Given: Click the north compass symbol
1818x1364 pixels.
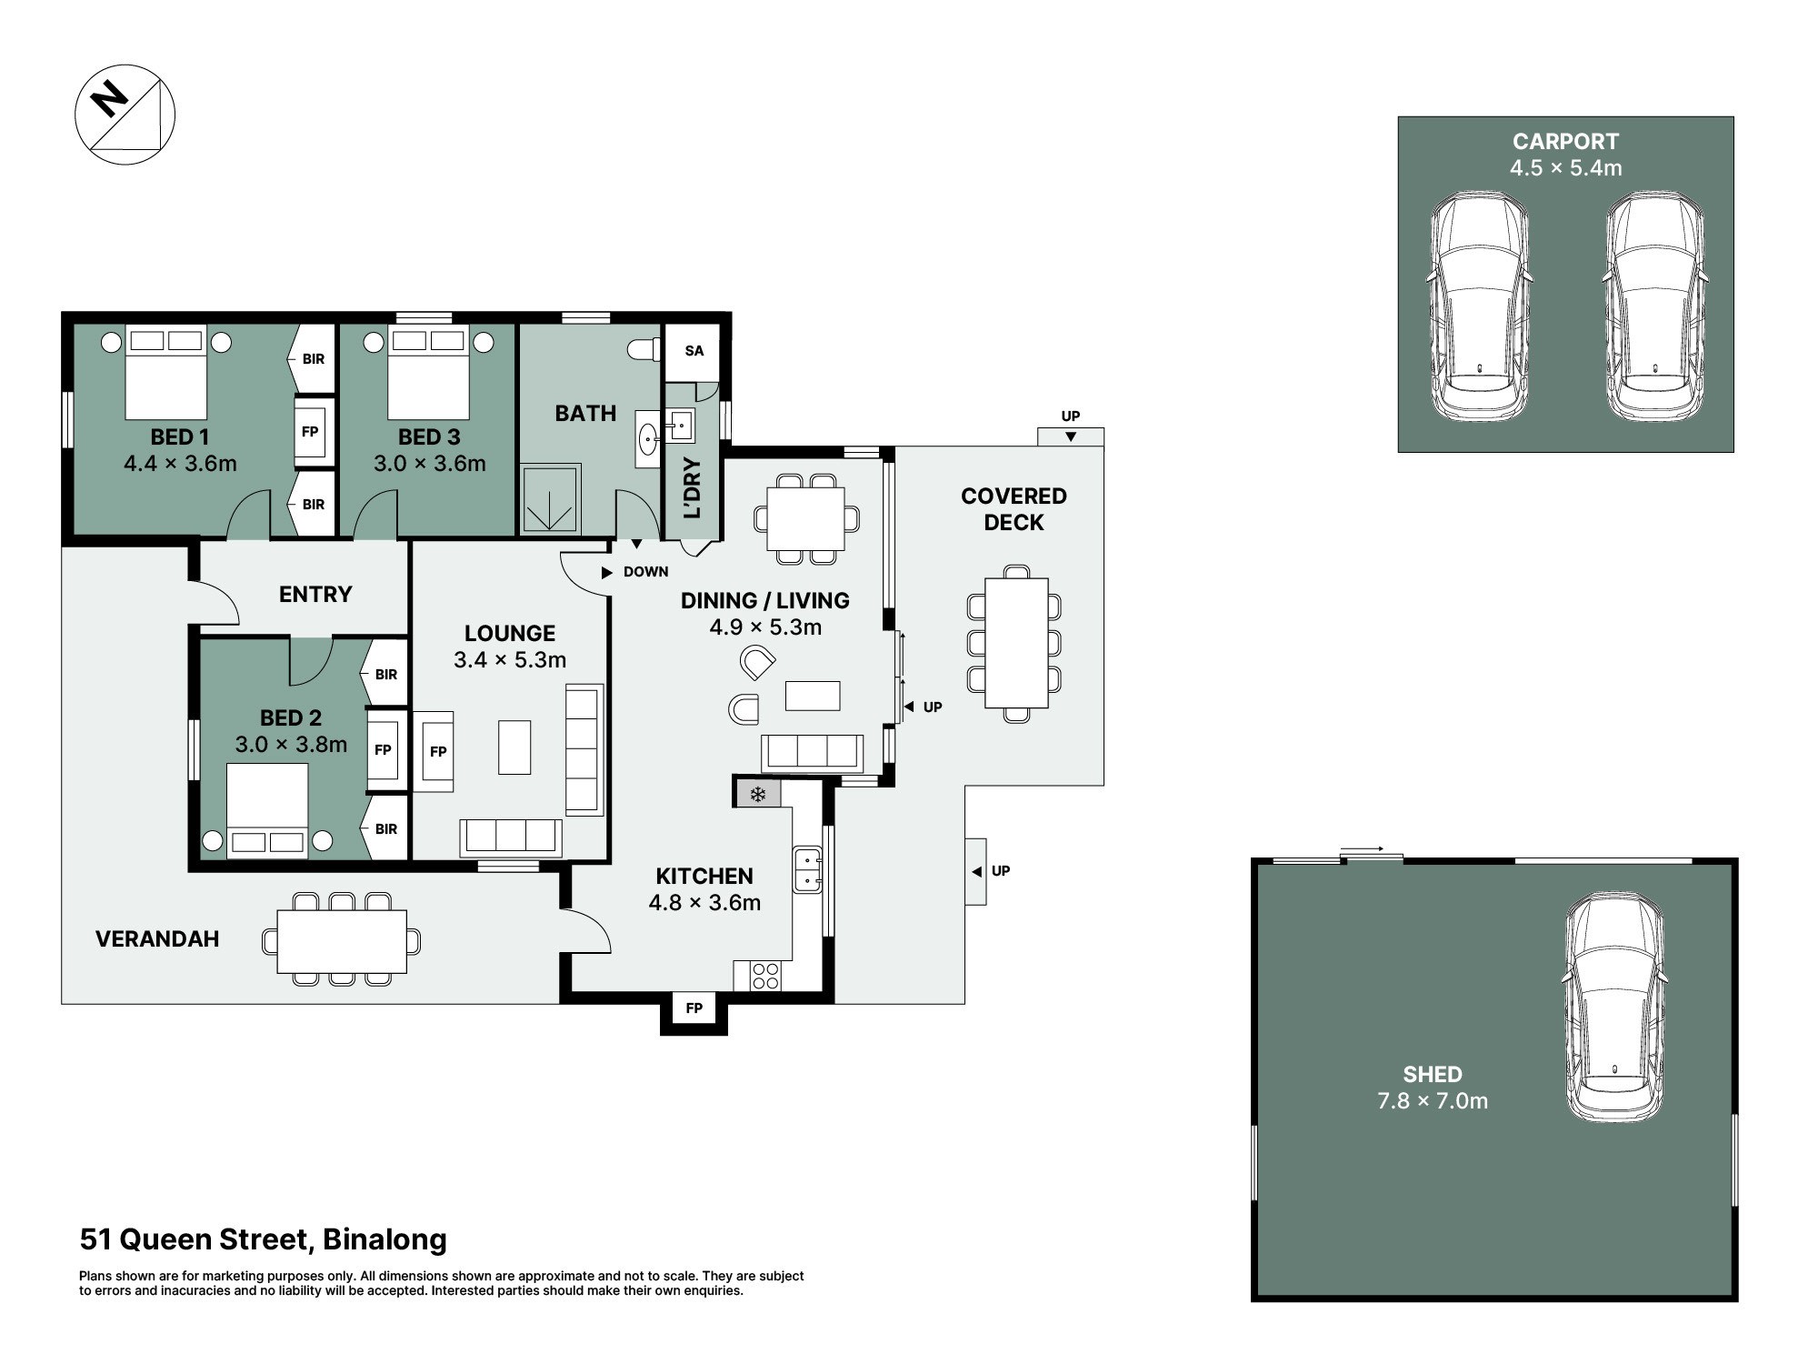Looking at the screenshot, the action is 125,115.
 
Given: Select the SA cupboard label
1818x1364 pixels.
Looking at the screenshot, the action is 694,351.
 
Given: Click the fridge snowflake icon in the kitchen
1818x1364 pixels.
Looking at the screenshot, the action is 757,795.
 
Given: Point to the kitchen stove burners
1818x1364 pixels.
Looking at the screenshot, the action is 765,976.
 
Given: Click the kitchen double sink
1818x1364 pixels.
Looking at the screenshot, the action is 807,870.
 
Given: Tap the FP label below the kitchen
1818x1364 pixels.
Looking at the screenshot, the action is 694,1008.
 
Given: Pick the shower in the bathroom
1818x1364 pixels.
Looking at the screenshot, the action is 550,499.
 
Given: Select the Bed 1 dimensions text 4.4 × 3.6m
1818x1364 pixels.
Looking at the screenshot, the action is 180,464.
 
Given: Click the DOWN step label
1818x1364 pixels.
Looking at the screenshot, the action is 645,572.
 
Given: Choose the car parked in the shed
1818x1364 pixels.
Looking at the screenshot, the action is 1615,1006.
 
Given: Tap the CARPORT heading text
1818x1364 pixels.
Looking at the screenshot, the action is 1565,142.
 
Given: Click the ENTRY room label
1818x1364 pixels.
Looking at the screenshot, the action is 315,594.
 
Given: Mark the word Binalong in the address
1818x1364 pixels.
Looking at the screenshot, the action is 385,1239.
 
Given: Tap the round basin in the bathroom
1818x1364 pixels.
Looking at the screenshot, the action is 649,439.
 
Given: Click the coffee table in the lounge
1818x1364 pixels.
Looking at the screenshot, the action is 514,747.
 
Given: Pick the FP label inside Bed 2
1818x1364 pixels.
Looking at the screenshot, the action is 383,749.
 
